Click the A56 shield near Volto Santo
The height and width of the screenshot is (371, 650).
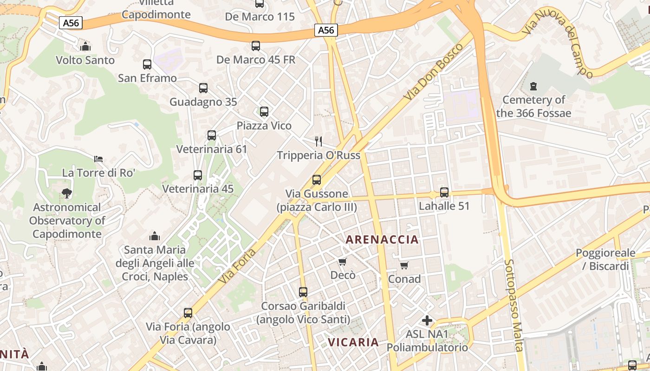pyautogui.click(x=71, y=23)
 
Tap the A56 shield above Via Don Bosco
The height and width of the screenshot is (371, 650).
pyautogui.click(x=326, y=30)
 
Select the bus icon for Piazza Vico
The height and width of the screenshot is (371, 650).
pyautogui.click(x=264, y=112)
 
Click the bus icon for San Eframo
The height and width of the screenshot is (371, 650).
pyautogui.click(x=147, y=64)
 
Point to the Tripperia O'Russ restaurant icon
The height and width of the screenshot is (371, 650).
pyautogui.click(x=318, y=141)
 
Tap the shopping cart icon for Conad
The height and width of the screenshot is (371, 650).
pyautogui.click(x=404, y=265)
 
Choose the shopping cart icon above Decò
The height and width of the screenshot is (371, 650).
pyautogui.click(x=343, y=262)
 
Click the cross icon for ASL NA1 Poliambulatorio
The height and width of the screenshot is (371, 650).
pyautogui.click(x=427, y=320)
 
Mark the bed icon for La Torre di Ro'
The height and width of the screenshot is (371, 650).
pyautogui.click(x=98, y=159)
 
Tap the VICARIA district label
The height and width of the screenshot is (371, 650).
pyautogui.click(x=353, y=342)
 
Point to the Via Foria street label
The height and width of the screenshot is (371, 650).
pyautogui.click(x=237, y=266)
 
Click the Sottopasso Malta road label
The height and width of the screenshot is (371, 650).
pyautogui.click(x=514, y=305)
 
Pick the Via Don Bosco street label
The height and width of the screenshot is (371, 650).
pyautogui.click(x=433, y=72)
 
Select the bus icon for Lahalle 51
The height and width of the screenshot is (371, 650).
pyautogui.click(x=444, y=192)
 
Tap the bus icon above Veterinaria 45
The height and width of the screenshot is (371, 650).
pyautogui.click(x=198, y=175)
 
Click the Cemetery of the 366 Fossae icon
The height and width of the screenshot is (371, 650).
pyautogui.click(x=533, y=86)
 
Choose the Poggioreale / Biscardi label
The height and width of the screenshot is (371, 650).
pyautogui.click(x=605, y=259)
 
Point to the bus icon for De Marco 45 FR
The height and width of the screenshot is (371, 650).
pyautogui.click(x=256, y=46)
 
